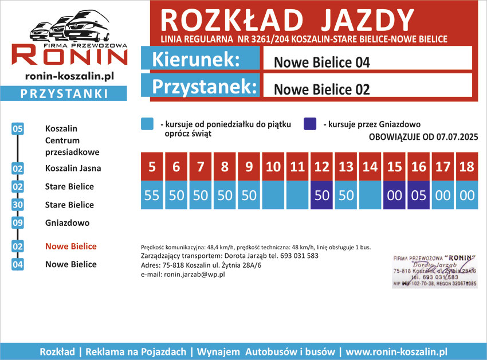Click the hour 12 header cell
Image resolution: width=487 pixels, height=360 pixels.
coord(322,167)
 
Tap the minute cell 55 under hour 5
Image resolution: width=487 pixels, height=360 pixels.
coord(152,195)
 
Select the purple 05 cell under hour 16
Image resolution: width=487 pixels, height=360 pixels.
coord(419,195)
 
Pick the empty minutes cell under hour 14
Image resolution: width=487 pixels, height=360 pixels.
coord(371,195)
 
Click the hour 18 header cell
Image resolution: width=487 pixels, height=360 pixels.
coord(467,167)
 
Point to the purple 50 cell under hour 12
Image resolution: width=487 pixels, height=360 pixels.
coord(322,195)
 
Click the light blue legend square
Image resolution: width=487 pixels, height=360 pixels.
coord(147,124)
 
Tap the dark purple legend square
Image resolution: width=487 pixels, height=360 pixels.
coord(310,124)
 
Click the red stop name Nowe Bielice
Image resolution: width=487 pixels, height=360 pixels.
coord(71,246)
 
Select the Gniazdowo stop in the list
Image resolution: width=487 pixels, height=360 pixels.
coord(67,223)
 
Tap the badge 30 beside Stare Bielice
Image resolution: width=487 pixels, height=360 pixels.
coord(17,205)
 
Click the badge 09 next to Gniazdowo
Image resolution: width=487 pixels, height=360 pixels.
coord(17,223)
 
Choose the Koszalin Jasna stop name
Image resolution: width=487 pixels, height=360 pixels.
coord(73,169)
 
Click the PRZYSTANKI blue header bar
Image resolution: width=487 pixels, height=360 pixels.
coord(64,93)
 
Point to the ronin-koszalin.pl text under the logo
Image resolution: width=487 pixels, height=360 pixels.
coord(70,76)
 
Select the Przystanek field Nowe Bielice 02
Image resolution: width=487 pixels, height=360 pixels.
coord(367,89)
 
